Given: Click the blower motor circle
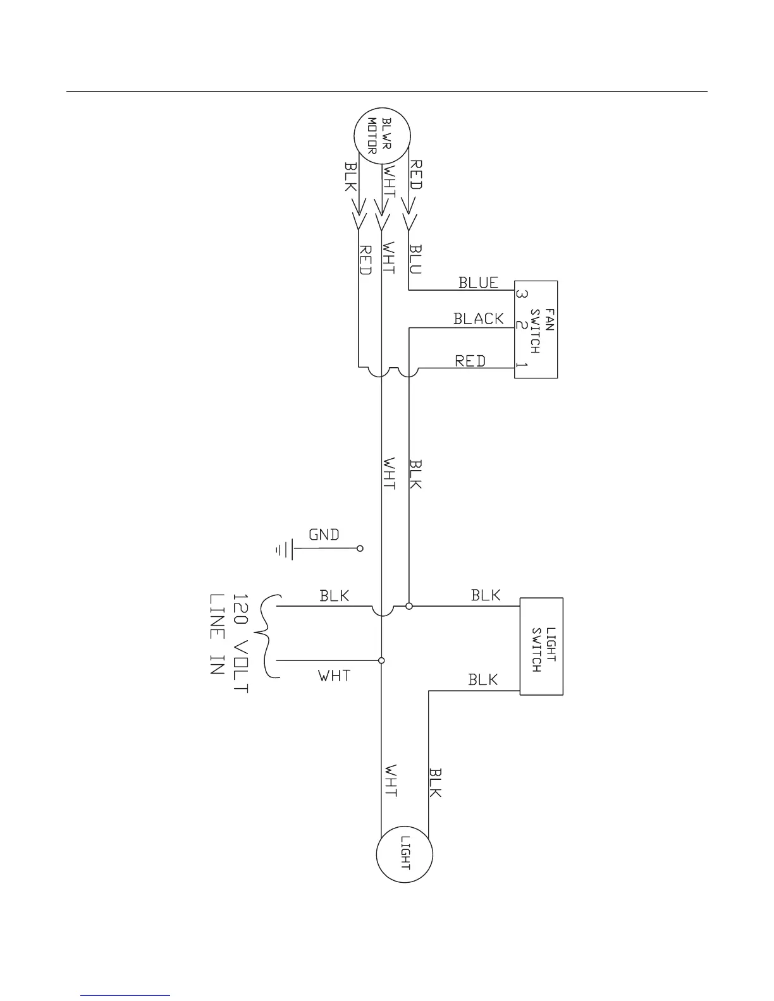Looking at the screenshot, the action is [381, 136].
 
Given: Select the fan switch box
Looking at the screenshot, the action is [536, 329].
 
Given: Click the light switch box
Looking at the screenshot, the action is [541, 646].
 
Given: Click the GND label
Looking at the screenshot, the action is [324, 535].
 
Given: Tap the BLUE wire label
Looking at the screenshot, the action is [479, 282].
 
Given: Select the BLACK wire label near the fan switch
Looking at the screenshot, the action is [479, 318].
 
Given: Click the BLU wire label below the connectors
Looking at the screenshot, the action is [415, 259].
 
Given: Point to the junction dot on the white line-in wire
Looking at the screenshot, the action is [381, 660].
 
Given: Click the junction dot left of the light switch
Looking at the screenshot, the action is [409, 606].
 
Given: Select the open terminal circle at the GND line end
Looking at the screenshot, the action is [360, 549].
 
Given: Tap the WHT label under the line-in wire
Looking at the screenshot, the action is [335, 676].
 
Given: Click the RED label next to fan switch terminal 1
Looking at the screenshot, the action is [470, 361].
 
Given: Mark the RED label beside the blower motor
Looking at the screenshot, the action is [416, 174].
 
